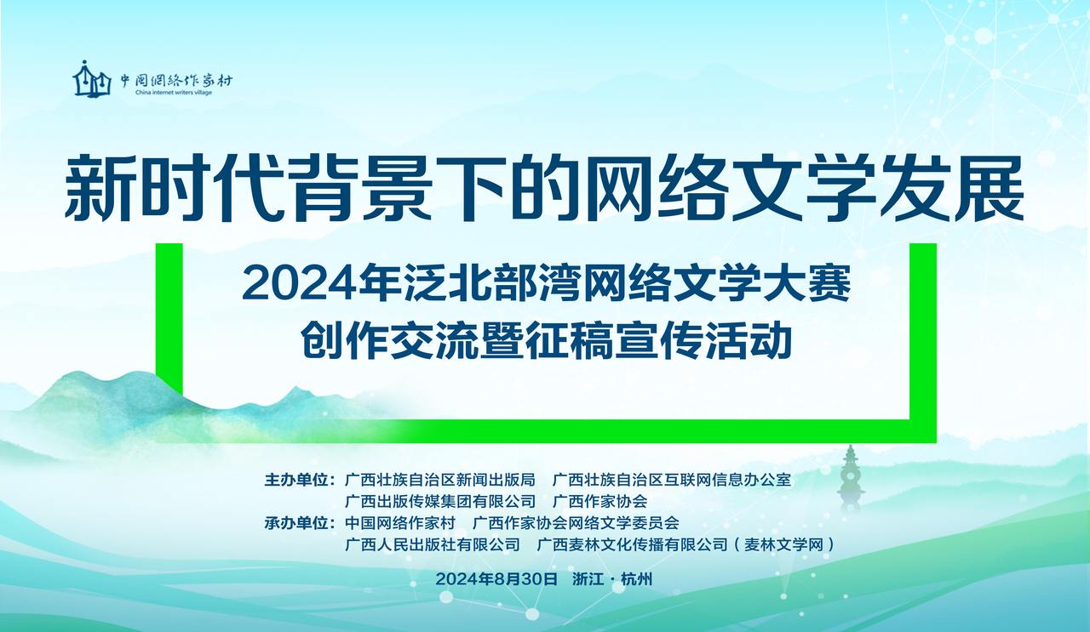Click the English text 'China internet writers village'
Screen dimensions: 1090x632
pyautogui.click(x=174, y=93)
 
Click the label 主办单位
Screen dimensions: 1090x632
pyautogui.click(x=295, y=481)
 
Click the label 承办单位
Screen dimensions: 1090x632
pyautogui.click(x=295, y=523)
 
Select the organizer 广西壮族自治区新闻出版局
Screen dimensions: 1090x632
pyautogui.click(x=440, y=481)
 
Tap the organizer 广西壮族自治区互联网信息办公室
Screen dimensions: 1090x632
pyautogui.click(x=672, y=481)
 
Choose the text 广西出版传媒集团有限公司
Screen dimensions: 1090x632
pyautogui.click(x=440, y=501)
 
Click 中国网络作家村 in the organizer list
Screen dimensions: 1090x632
pyautogui.click(x=400, y=523)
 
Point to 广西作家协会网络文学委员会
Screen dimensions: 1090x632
pyautogui.click(x=576, y=523)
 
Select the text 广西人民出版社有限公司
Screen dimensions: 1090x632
pyautogui.click(x=432, y=544)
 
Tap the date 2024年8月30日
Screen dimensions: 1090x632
pyautogui.click(x=496, y=579)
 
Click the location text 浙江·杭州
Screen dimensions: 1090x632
pyautogui.click(x=612, y=579)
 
